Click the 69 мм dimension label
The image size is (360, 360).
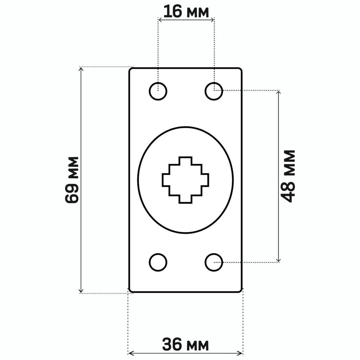click(x=72, y=180)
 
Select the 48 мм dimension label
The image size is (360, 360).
click(x=288, y=176)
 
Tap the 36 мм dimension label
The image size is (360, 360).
click(x=186, y=345)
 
